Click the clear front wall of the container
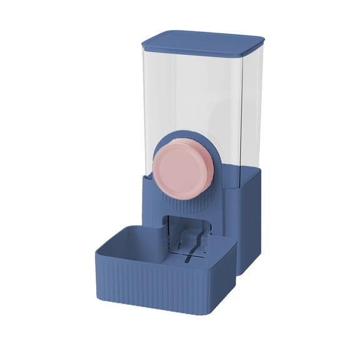(181, 94)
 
